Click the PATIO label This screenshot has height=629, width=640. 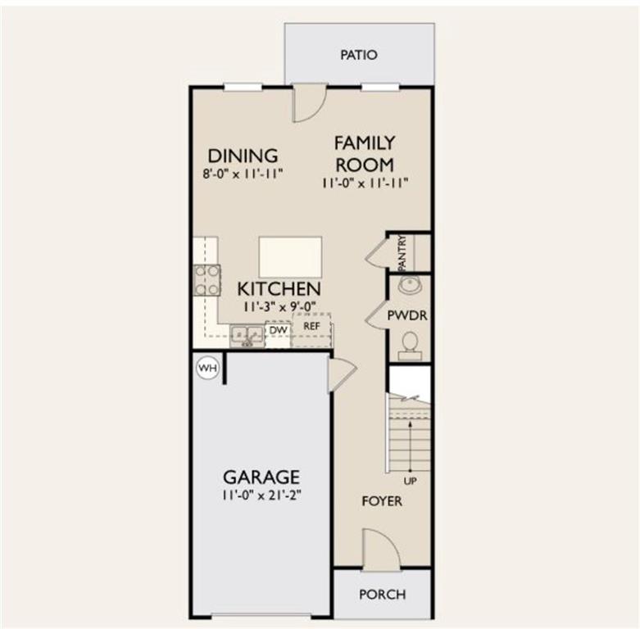[x=359, y=55]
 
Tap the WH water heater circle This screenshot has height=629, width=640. [x=208, y=368]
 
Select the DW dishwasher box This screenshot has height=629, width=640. [x=279, y=330]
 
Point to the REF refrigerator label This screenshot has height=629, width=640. [x=312, y=326]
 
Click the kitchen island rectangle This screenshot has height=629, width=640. [x=290, y=257]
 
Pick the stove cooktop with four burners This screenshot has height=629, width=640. [x=207, y=280]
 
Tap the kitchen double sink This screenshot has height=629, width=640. [x=247, y=336]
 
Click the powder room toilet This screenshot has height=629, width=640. [x=410, y=346]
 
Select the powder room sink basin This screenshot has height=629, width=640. [x=411, y=285]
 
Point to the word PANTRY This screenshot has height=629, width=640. [x=402, y=253]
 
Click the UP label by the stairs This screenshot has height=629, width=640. [x=410, y=482]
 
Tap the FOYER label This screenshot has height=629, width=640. [x=382, y=501]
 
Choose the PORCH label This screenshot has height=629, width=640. [x=383, y=595]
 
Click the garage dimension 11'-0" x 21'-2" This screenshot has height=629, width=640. [x=261, y=496]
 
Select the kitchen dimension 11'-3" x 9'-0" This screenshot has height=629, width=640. [x=279, y=306]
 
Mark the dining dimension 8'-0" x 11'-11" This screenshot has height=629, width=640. [x=243, y=174]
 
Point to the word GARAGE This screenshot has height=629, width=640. [x=261, y=477]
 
